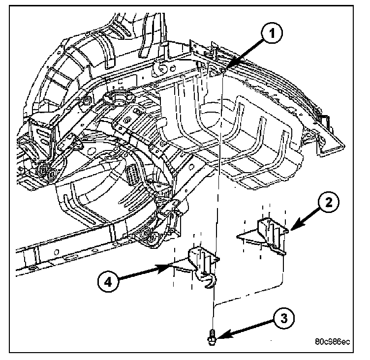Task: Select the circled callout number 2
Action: tap(329, 202)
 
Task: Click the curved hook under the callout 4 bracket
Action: tap(209, 282)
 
